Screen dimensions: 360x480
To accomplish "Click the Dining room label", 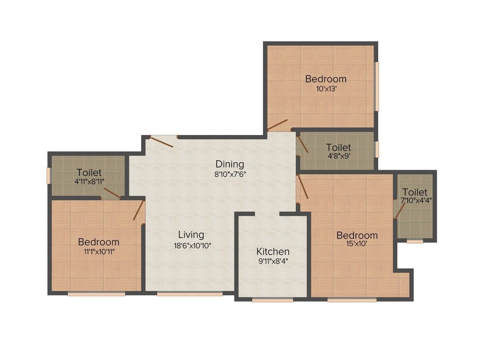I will point(230,164).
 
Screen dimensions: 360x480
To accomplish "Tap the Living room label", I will point(191,235).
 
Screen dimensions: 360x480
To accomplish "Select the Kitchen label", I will point(272,252).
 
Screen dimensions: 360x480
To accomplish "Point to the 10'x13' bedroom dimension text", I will point(326,88).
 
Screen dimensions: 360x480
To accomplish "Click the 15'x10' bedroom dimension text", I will point(357,244).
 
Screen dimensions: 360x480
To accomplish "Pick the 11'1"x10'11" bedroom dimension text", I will point(98,251).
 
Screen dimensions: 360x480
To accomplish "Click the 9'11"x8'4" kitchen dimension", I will point(272,261).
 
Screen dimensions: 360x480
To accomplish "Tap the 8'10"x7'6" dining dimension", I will point(230,173).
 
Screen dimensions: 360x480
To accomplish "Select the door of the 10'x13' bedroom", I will point(277,124).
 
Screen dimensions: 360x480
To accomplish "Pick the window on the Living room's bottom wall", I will point(190,294).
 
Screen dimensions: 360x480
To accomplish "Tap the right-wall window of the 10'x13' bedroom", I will point(376,86).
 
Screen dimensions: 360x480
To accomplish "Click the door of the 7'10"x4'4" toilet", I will point(399,211).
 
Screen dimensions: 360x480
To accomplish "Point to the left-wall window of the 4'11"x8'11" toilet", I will point(48,175).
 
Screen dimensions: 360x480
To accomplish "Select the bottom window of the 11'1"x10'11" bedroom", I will point(97,294).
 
